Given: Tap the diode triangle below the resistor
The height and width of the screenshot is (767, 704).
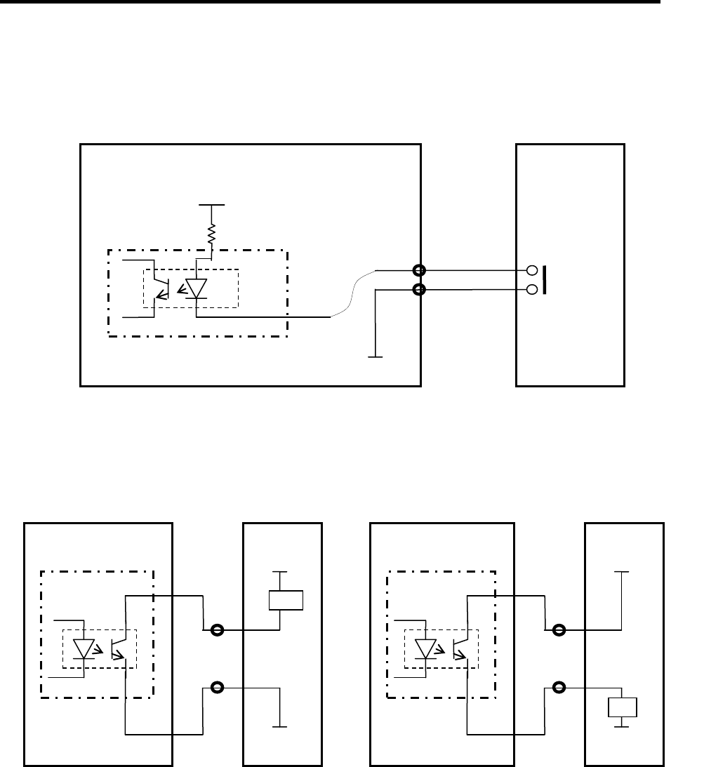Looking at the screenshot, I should pos(196,288).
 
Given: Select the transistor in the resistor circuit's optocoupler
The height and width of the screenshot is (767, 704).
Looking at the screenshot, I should pos(161,288).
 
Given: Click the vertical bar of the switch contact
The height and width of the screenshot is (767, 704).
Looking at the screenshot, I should pos(545,279).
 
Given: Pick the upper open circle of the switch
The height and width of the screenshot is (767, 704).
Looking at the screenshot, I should pos(532,270).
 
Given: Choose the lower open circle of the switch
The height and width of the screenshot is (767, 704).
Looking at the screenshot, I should pos(532,289).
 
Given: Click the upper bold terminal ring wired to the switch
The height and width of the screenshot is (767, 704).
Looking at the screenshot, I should pos(420,270).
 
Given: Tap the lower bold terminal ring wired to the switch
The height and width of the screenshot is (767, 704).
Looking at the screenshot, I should pos(420,289).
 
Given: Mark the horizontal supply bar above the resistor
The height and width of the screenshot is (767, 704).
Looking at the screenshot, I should pos(211,205).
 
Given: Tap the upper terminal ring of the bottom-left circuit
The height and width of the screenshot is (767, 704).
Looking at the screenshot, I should pos(217,629).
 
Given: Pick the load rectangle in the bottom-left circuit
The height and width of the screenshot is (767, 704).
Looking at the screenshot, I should pos(286,601).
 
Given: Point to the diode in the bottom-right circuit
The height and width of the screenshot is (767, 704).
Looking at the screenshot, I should pos(425,648).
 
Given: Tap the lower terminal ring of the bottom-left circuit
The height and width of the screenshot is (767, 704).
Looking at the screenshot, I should pos(217,687).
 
